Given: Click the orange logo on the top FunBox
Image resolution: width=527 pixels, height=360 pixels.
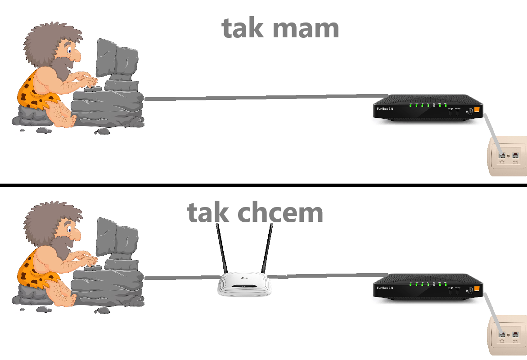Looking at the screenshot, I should coord(477,109).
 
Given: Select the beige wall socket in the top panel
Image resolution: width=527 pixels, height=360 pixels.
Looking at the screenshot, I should coord(508,156).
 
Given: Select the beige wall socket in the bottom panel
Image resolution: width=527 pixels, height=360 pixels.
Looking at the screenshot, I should coord(508,335).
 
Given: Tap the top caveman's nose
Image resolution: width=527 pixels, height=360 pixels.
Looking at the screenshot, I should coord(76,55).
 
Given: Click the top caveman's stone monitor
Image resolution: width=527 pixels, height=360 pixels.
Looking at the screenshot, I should coord(117,61).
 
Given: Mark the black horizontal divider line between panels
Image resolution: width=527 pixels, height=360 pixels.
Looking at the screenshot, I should coord(263,185).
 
